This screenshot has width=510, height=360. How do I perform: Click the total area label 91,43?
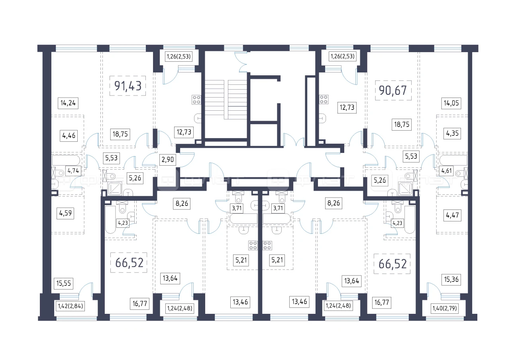(127, 86)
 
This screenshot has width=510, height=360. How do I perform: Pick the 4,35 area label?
(452, 133)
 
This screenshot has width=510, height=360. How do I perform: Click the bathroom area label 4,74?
(73, 172)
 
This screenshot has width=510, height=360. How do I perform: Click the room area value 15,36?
(452, 280)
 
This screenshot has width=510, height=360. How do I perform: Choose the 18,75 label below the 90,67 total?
(400, 124)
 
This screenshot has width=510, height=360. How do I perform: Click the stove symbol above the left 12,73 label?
(196, 99)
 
